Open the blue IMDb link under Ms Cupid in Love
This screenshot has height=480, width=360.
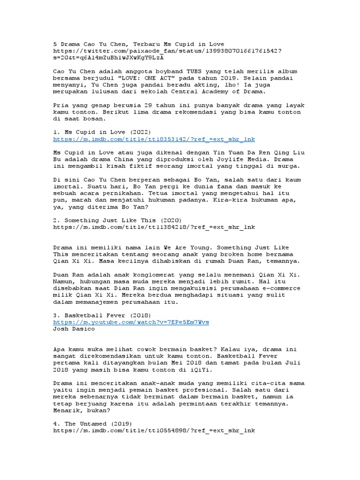(x=154, y=140)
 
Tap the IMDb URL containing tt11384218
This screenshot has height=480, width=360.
(x=154, y=227)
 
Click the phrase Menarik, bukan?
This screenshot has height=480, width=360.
(x=82, y=411)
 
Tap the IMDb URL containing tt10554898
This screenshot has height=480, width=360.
(x=154, y=431)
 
